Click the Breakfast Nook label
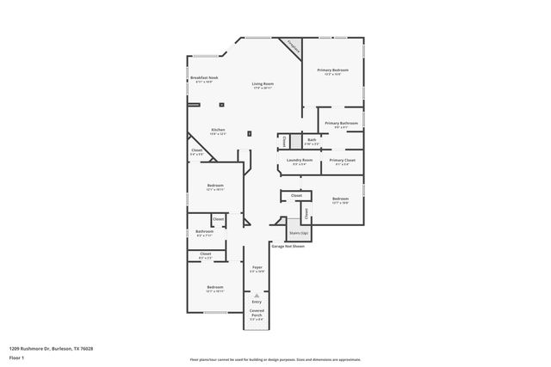pos(204,78)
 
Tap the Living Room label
pos(263,83)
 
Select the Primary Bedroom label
pos(333,70)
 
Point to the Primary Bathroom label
pos(341,123)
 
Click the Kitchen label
pos(219,130)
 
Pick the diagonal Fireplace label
pos(293,47)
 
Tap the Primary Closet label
pos(343,160)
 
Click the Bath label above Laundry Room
pos(312,139)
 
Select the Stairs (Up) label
pos(299,232)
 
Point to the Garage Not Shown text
pos(288,246)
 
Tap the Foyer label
pos(257,267)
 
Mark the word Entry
pos(257,302)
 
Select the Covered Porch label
pos(257,315)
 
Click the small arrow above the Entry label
pos(257,294)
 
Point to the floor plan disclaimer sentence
pos(275,359)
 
